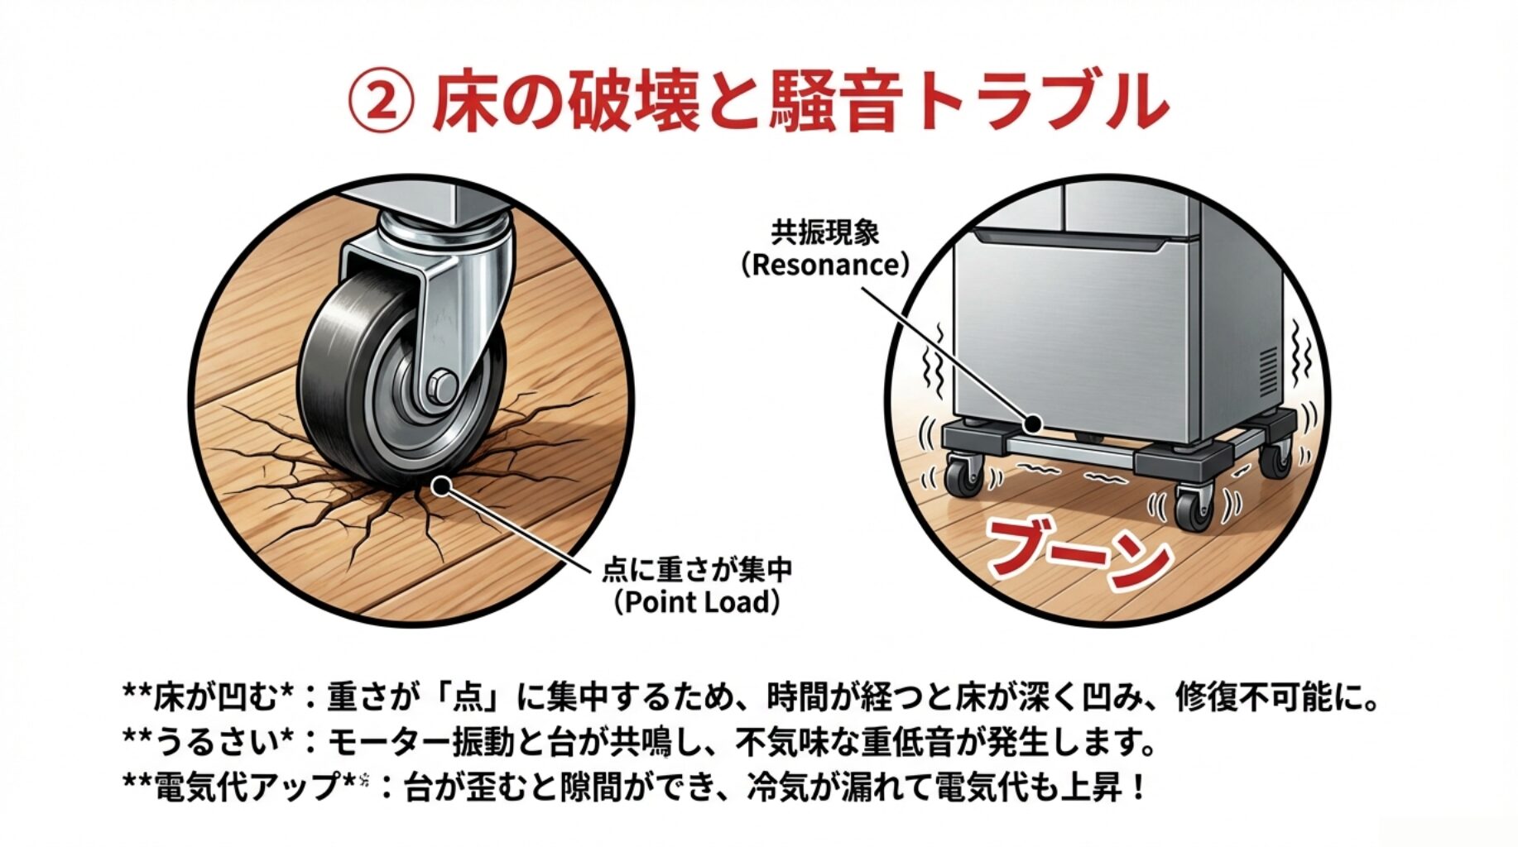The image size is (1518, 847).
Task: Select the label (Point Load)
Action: point(696,601)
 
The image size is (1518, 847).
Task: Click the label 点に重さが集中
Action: point(697,569)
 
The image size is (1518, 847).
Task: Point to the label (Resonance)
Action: point(824,265)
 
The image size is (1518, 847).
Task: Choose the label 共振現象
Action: point(825,232)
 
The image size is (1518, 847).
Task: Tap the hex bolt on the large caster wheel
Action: point(442,385)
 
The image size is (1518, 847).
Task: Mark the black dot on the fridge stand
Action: point(1032,424)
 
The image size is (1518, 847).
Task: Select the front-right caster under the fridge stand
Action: point(1192,505)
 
